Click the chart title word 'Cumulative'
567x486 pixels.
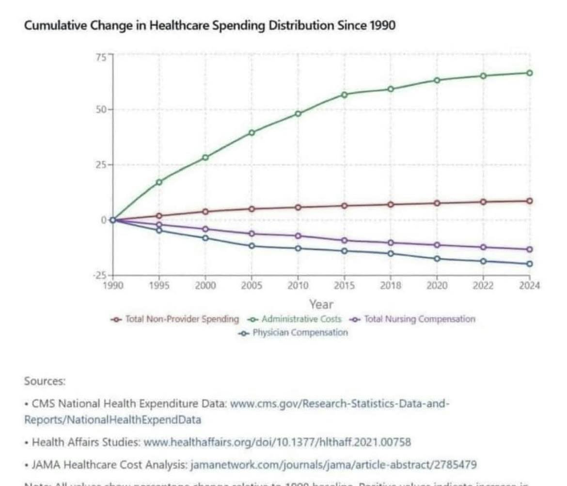click(x=56, y=25)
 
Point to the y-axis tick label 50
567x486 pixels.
click(x=101, y=110)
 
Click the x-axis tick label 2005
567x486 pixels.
click(x=252, y=286)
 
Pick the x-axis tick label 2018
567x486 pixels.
click(x=391, y=286)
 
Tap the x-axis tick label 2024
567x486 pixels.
click(x=529, y=286)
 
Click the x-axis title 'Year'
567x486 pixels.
click(x=321, y=304)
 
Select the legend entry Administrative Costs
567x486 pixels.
click(x=301, y=319)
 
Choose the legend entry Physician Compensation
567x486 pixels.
click(x=299, y=332)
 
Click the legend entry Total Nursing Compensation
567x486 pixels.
click(x=419, y=319)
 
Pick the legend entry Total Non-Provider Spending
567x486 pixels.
click(x=182, y=319)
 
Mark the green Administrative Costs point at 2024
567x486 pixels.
click(x=529, y=73)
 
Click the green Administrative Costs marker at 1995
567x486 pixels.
click(x=159, y=182)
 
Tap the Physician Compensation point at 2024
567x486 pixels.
click(x=529, y=264)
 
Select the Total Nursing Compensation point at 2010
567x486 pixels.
click(x=298, y=236)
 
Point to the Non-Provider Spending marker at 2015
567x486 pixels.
click(x=344, y=205)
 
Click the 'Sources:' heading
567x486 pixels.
click(x=45, y=381)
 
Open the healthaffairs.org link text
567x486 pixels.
click(x=277, y=442)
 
